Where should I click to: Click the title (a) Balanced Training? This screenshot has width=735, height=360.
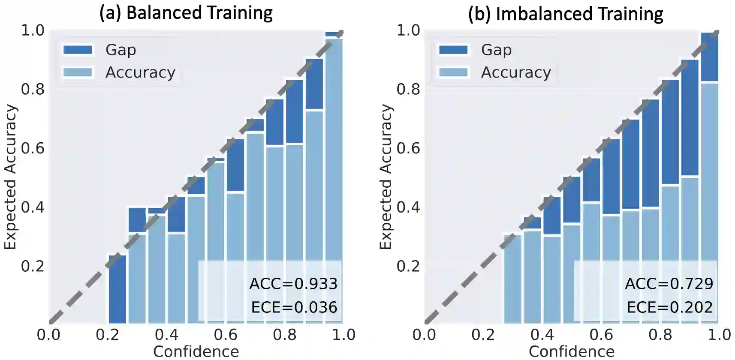186,13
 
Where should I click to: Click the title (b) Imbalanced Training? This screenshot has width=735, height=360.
565,14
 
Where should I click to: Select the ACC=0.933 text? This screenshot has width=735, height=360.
293,284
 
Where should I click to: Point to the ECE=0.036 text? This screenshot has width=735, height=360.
294,307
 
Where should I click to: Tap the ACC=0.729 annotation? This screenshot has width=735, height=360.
669,284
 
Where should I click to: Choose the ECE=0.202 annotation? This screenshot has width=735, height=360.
669,307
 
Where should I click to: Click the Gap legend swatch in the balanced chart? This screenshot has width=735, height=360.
78,50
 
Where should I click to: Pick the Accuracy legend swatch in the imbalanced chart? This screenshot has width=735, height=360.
453,72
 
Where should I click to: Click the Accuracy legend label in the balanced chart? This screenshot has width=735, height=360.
140,72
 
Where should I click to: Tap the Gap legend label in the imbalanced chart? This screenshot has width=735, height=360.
496,50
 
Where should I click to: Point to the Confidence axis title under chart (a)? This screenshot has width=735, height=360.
196,351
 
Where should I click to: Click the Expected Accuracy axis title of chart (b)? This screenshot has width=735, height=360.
386,177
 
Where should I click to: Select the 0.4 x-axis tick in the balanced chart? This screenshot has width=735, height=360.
166,335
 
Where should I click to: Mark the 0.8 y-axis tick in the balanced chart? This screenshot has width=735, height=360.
33,89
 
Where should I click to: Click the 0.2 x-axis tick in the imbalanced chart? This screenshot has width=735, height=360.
483,335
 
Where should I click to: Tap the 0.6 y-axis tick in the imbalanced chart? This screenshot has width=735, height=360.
408,148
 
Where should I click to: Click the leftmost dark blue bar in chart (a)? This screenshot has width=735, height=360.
117,289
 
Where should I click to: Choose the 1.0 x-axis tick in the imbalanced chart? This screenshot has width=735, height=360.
719,335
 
